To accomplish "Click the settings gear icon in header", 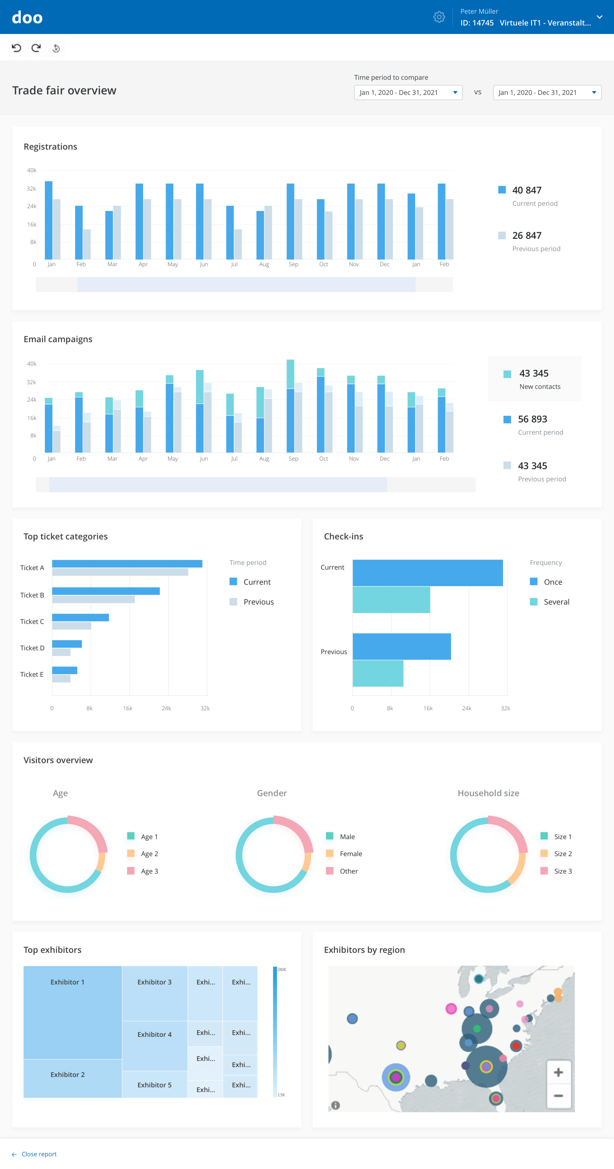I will pos(439,17).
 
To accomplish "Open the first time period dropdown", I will pos(408,93).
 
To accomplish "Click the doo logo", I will pos(27,17).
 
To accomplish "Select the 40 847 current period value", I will pos(526,190).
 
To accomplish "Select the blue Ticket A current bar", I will pos(127,564).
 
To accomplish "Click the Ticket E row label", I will pos(32,674).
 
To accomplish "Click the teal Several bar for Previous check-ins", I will pos(378,673).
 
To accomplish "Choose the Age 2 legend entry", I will pos(149,854).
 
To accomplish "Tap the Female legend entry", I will pos(350,854).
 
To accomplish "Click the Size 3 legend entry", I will pos(562,871).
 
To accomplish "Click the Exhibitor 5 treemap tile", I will pos(154,1085).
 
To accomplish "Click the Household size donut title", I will pos(488,793).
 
